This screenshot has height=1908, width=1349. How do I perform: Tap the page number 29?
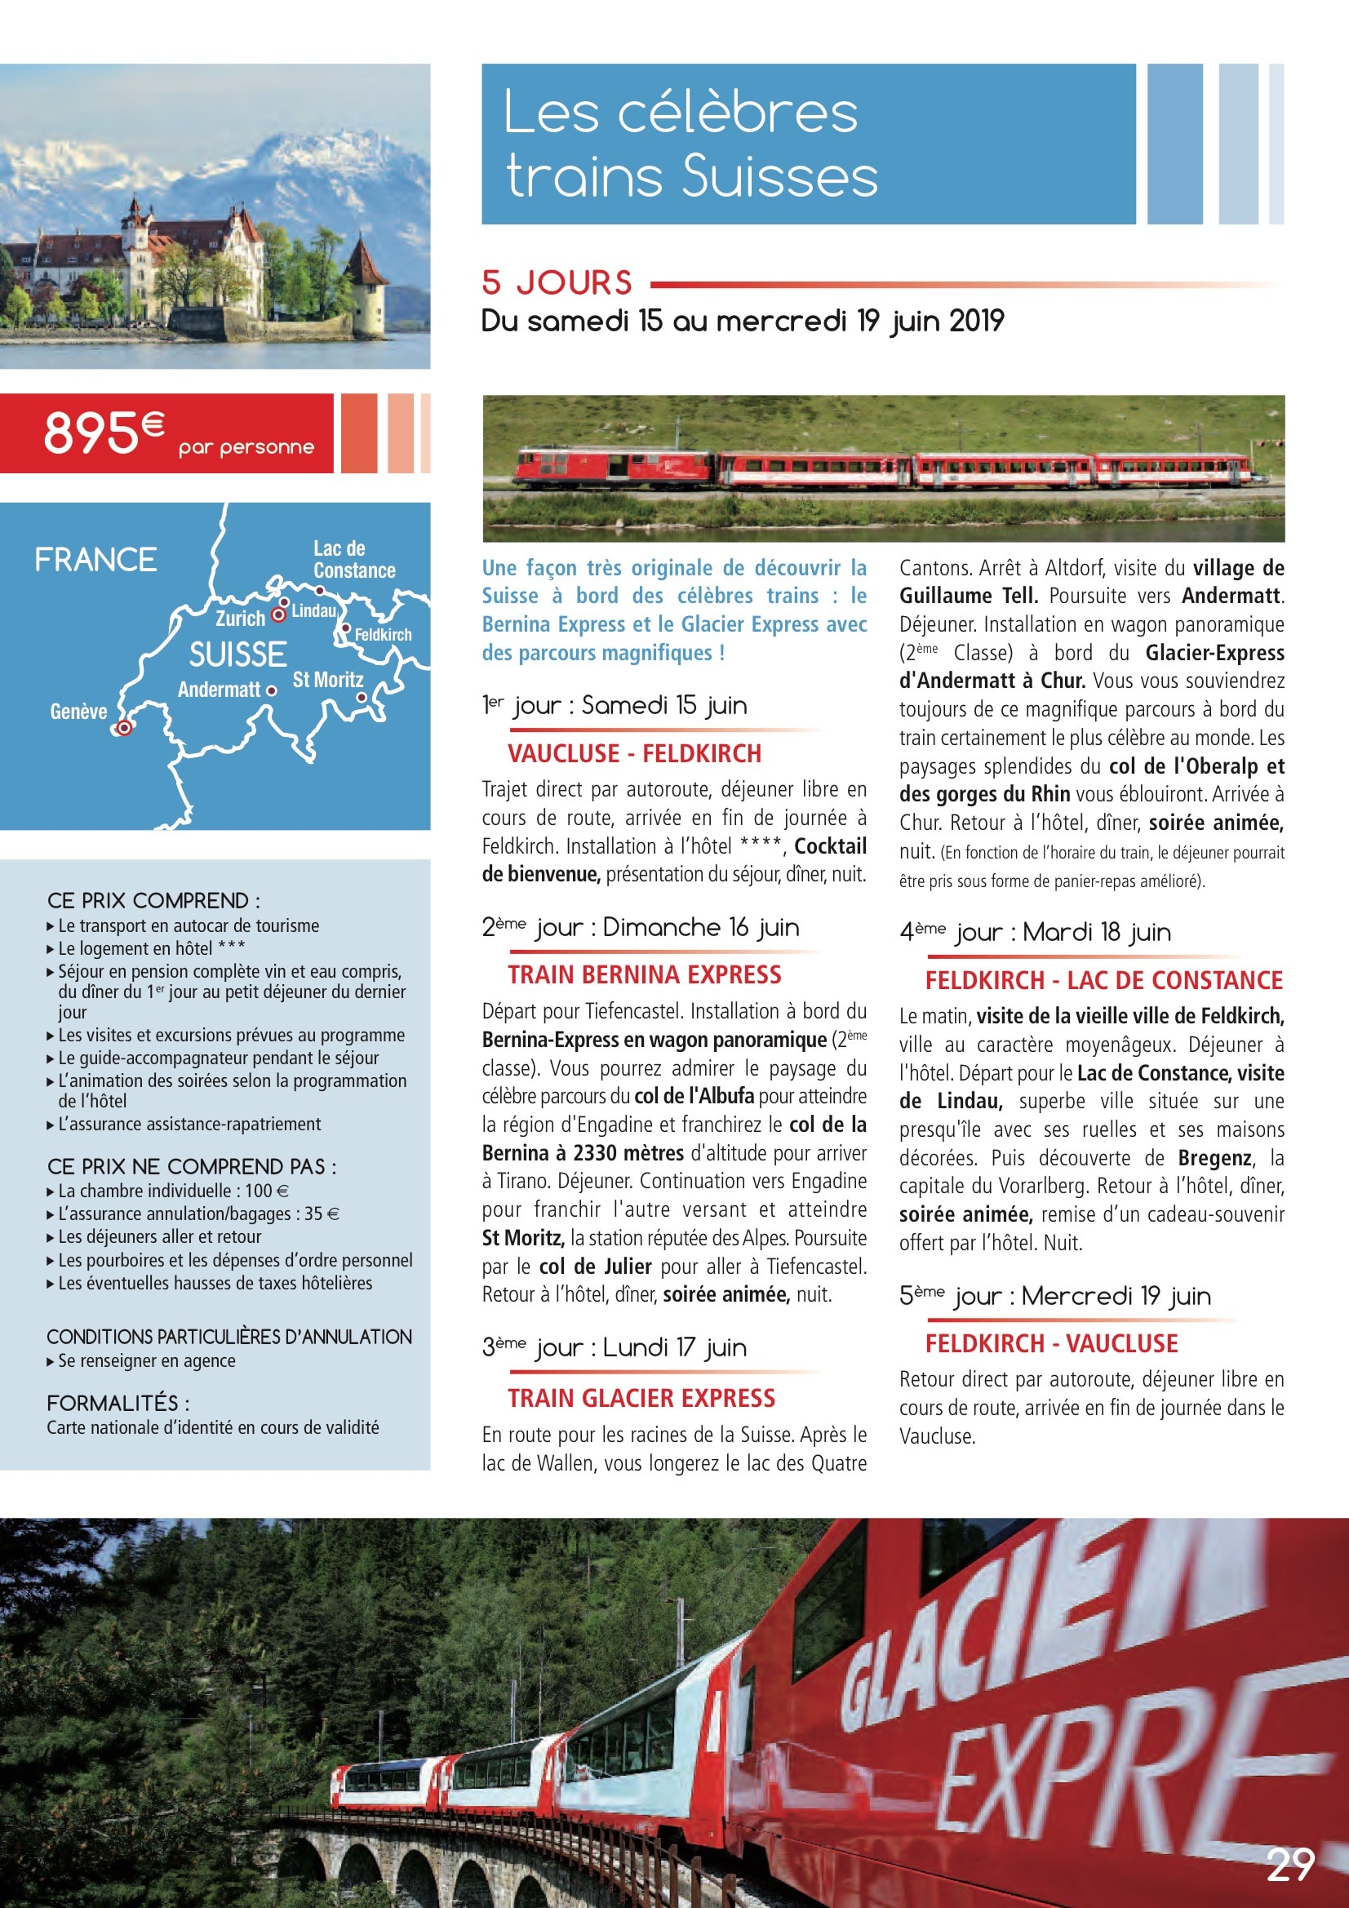[1289, 1864]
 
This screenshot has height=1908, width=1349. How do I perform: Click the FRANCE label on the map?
[95, 560]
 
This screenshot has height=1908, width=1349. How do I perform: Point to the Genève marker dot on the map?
[124, 728]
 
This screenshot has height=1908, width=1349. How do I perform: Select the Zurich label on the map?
[239, 619]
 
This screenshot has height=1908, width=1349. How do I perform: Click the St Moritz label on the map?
[327, 680]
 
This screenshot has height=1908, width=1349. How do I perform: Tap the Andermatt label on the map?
[219, 690]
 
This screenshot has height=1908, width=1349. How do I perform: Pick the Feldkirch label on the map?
[384, 635]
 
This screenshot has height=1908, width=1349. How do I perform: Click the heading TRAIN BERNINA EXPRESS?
[644, 974]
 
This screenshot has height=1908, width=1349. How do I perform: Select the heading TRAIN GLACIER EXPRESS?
[641, 1399]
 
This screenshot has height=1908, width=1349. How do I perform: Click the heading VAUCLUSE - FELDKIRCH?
[634, 754]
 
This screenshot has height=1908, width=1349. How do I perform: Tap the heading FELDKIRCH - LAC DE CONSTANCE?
[1104, 981]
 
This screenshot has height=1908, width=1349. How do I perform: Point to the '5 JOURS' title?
[557, 283]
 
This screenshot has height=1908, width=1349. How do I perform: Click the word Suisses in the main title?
[779, 177]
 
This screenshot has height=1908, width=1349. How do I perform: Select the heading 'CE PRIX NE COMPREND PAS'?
[191, 1167]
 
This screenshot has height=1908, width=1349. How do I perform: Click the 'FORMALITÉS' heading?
[118, 1404]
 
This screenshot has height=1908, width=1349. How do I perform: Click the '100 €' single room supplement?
[266, 1191]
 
